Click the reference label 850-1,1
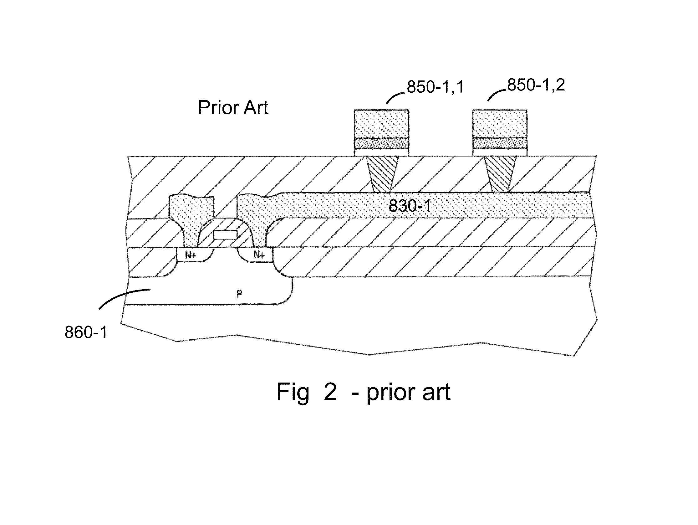click(x=435, y=87)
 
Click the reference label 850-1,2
click(x=536, y=85)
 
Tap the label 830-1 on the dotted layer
click(x=410, y=206)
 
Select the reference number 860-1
click(x=86, y=332)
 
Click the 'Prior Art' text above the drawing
click(x=233, y=108)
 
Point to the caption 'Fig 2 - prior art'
click(x=363, y=392)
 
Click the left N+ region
click(x=191, y=255)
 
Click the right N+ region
click(x=259, y=255)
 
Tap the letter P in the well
click(x=239, y=294)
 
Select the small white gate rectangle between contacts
click(x=225, y=235)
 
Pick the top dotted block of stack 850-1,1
click(x=381, y=124)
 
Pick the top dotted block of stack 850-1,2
click(x=500, y=123)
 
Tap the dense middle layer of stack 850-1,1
click(x=381, y=144)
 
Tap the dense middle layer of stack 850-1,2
click(x=500, y=143)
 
